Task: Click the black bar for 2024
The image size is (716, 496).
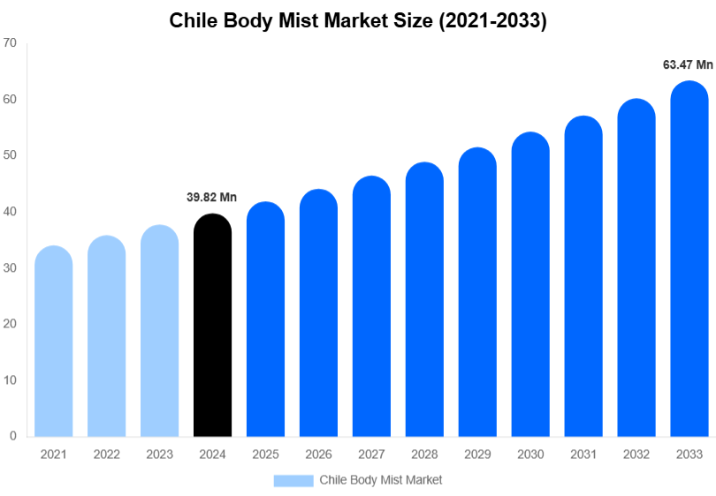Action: (x=212, y=327)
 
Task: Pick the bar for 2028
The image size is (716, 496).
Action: (x=424, y=300)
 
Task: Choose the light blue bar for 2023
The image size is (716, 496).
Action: (x=159, y=332)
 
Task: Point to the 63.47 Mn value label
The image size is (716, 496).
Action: (x=688, y=64)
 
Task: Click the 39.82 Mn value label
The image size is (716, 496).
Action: (x=212, y=198)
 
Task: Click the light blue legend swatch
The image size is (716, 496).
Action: (x=293, y=480)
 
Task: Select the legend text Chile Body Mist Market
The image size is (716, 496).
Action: (x=380, y=480)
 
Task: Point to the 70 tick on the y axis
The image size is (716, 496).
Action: (x=11, y=43)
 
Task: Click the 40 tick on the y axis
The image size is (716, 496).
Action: (x=11, y=212)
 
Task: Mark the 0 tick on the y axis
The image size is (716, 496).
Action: (x=13, y=436)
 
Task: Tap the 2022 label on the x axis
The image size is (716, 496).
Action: (x=106, y=455)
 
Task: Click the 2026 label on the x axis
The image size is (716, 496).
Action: (x=318, y=455)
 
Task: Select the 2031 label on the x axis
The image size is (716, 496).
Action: (x=583, y=455)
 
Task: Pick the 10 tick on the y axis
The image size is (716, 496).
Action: (x=11, y=380)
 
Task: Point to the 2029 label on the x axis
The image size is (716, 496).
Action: (x=477, y=455)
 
